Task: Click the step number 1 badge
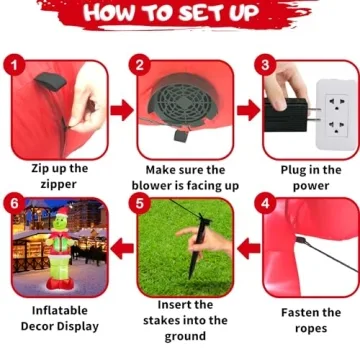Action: (14, 65)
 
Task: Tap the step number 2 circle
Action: (140, 65)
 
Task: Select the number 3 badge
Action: (265, 65)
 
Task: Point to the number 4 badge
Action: (265, 203)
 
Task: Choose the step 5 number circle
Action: (140, 203)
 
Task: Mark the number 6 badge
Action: (14, 203)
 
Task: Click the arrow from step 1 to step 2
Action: (122, 111)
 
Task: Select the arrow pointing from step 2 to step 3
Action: (249, 111)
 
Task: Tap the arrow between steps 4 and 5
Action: (249, 249)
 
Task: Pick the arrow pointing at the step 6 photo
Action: (122, 249)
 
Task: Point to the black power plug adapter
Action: (286, 115)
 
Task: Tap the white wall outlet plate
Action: (336, 115)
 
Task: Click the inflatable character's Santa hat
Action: (62, 212)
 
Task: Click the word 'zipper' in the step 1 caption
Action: (59, 184)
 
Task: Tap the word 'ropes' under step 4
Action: (311, 329)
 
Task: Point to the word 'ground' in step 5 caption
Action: (184, 337)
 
